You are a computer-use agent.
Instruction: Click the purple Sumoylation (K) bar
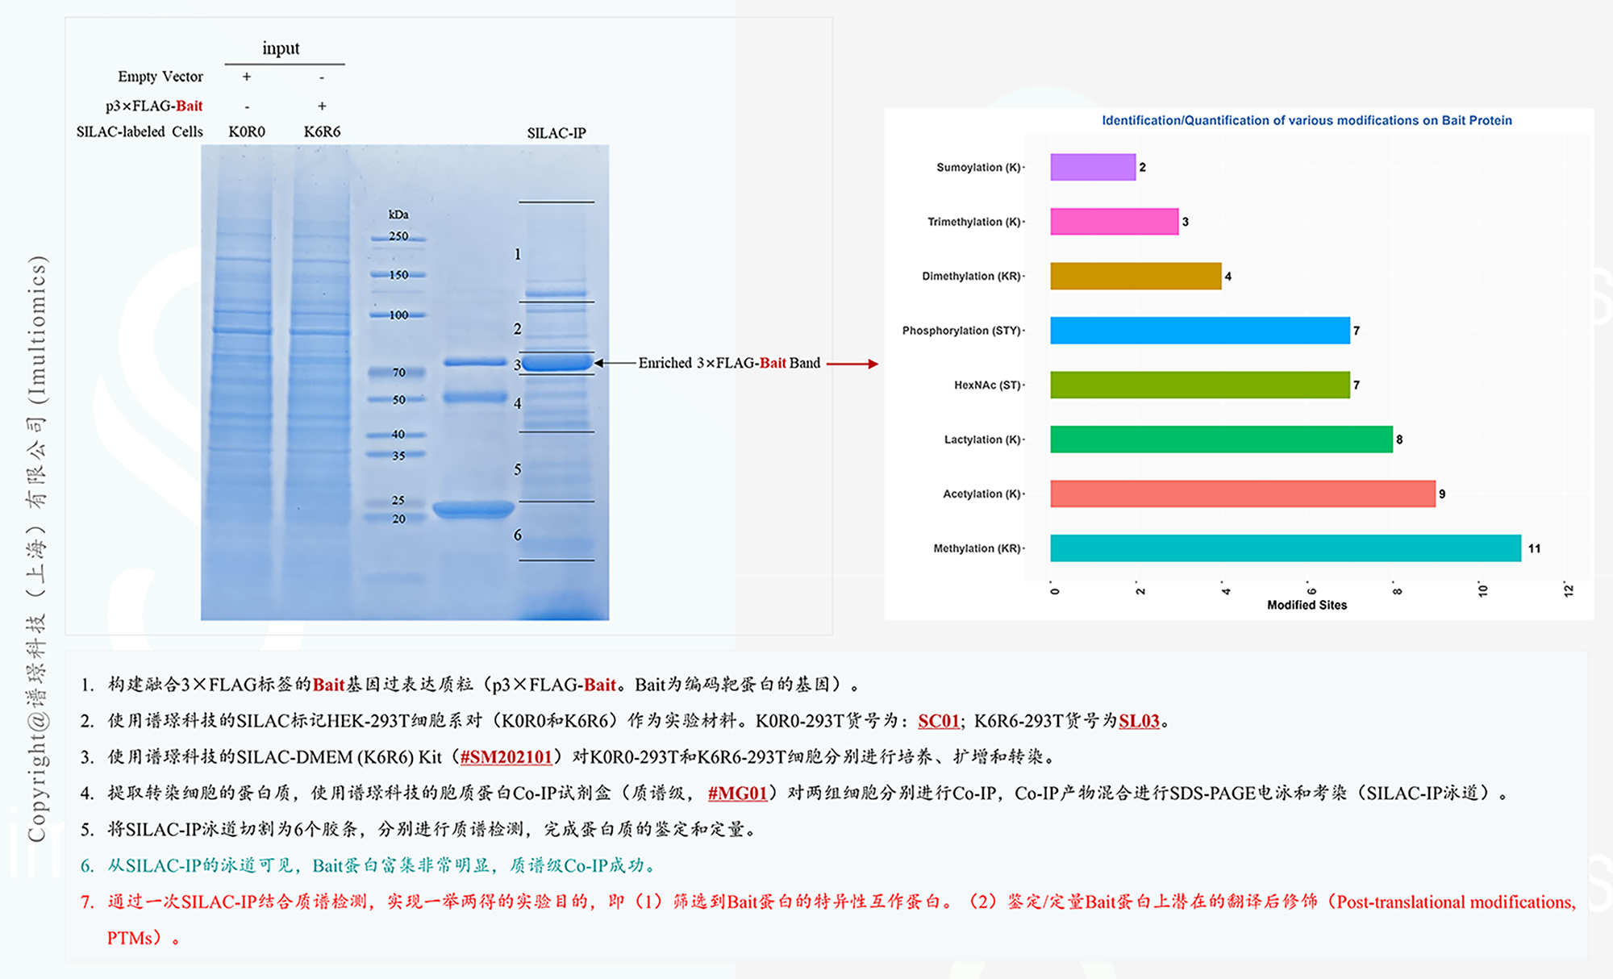(x=1093, y=167)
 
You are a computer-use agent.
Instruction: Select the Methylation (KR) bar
(x=1285, y=548)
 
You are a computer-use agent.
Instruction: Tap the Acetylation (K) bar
(x=1242, y=494)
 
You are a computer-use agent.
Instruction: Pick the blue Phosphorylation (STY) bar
(x=1199, y=331)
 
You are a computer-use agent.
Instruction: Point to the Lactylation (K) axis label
(x=982, y=440)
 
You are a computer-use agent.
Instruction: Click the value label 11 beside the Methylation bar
(x=1534, y=548)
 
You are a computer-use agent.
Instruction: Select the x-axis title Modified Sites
(x=1307, y=605)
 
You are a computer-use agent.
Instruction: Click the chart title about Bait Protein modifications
(x=1307, y=120)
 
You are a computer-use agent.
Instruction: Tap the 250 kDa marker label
(x=398, y=236)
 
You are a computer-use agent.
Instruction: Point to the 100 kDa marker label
(x=398, y=315)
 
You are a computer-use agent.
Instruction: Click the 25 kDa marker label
(x=398, y=500)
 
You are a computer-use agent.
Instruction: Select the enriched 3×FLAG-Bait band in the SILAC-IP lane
(x=556, y=363)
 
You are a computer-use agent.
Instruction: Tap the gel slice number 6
(x=518, y=535)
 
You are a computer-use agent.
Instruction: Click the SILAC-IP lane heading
(x=556, y=133)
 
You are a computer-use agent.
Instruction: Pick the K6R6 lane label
(x=322, y=131)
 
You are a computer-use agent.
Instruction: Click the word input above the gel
(x=281, y=48)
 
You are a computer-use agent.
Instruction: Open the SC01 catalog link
(x=939, y=721)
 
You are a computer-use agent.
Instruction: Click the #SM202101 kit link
(x=506, y=757)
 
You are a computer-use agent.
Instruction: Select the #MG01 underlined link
(x=737, y=794)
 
